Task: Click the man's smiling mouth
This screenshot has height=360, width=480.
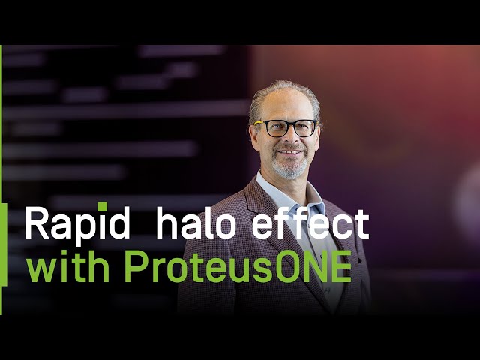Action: coord(289,154)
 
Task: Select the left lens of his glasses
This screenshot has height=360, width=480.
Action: coord(274,128)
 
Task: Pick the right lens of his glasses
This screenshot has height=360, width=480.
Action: coord(304,127)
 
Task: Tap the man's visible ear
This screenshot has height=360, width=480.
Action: coord(254,137)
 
